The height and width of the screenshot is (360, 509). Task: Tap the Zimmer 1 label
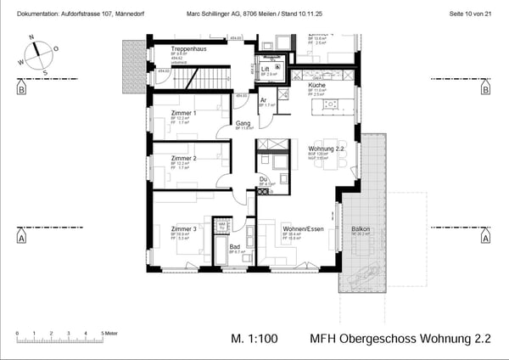[183, 113]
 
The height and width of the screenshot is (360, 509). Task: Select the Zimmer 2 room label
[183, 159]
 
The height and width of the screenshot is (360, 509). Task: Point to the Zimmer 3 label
[183, 228]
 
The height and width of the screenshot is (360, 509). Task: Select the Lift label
[266, 70]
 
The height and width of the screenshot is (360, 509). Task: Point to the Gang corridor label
[243, 124]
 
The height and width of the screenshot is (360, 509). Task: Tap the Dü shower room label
[264, 178]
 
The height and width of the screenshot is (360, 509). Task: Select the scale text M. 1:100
[255, 338]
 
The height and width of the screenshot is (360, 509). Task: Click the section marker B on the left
[20, 88]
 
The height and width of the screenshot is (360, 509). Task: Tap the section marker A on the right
[485, 239]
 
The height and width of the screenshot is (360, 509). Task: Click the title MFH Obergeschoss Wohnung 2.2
[400, 338]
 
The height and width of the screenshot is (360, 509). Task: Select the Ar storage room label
[264, 99]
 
